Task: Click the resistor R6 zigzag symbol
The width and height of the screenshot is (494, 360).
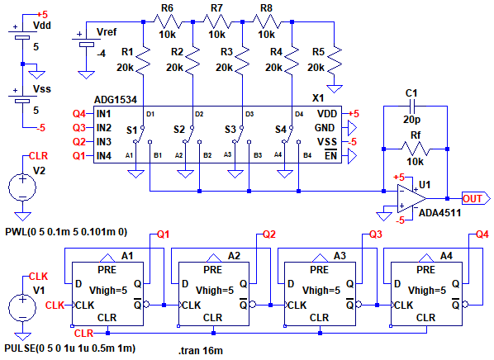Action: (168, 22)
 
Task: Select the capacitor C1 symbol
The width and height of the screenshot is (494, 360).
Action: (411, 107)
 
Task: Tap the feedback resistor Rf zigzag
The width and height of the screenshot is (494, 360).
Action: (416, 149)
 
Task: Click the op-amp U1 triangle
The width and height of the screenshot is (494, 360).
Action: (411, 199)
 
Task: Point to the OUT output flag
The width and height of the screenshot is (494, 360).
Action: (476, 199)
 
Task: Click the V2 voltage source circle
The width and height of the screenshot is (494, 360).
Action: (22, 187)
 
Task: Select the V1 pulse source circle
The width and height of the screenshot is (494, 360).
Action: (22, 307)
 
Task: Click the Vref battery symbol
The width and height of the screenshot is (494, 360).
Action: (86, 41)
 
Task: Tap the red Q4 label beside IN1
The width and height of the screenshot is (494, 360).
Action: (79, 114)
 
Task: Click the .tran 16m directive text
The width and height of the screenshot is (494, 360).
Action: (201, 351)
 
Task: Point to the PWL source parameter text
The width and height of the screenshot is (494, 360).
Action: (66, 232)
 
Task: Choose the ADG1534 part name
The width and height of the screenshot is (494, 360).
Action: (116, 100)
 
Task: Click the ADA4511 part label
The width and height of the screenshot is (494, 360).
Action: (439, 213)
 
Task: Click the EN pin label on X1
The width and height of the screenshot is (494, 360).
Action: (330, 155)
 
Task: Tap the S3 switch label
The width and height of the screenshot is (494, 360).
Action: (230, 130)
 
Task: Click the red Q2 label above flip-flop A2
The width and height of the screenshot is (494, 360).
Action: (269, 234)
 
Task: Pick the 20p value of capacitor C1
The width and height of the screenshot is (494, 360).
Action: (411, 120)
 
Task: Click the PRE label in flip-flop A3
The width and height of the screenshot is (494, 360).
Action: (319, 270)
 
